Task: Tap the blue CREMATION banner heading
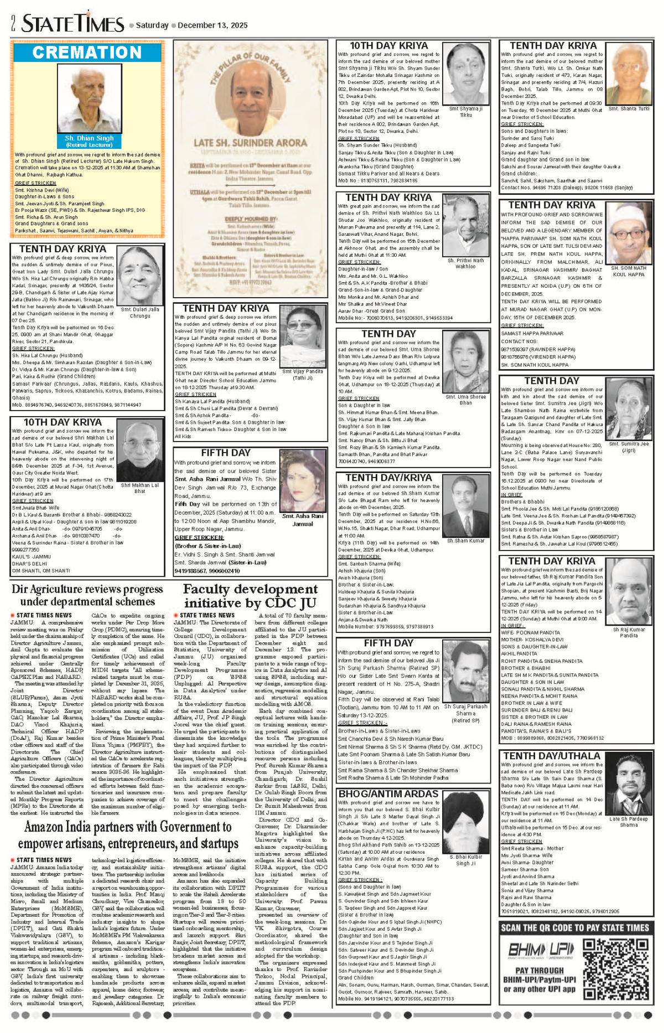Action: [x=87, y=53]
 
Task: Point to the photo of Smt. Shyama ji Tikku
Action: [x=466, y=74]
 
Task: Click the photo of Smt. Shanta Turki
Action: [x=629, y=72]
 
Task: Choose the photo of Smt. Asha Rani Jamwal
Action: [x=303, y=480]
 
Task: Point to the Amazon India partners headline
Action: [x=127, y=835]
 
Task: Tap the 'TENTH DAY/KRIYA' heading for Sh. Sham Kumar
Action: [x=389, y=477]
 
